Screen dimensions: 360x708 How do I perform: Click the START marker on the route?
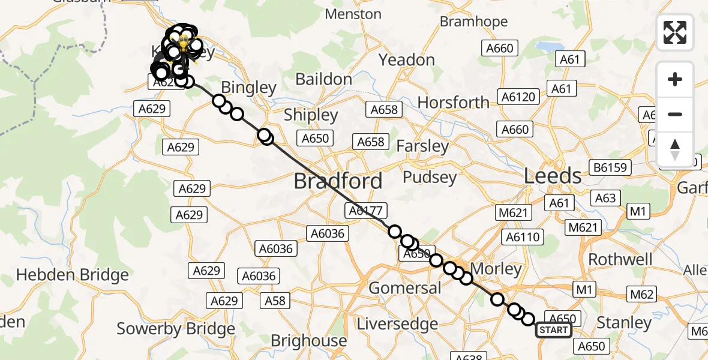553,330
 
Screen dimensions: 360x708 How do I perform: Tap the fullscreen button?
675,32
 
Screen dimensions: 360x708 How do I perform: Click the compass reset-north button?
675,149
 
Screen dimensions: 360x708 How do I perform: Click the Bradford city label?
338,181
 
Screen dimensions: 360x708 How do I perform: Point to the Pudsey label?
429,177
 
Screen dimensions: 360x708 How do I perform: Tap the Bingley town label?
248,88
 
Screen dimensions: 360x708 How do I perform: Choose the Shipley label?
311,115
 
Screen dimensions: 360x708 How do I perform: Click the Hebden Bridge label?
72,275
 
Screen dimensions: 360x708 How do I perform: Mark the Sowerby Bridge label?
176,329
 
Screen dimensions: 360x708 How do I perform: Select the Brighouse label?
308,341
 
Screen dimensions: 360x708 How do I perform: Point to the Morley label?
496,268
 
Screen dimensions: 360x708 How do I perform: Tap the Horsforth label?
453,103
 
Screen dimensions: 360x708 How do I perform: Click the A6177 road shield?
366,210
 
